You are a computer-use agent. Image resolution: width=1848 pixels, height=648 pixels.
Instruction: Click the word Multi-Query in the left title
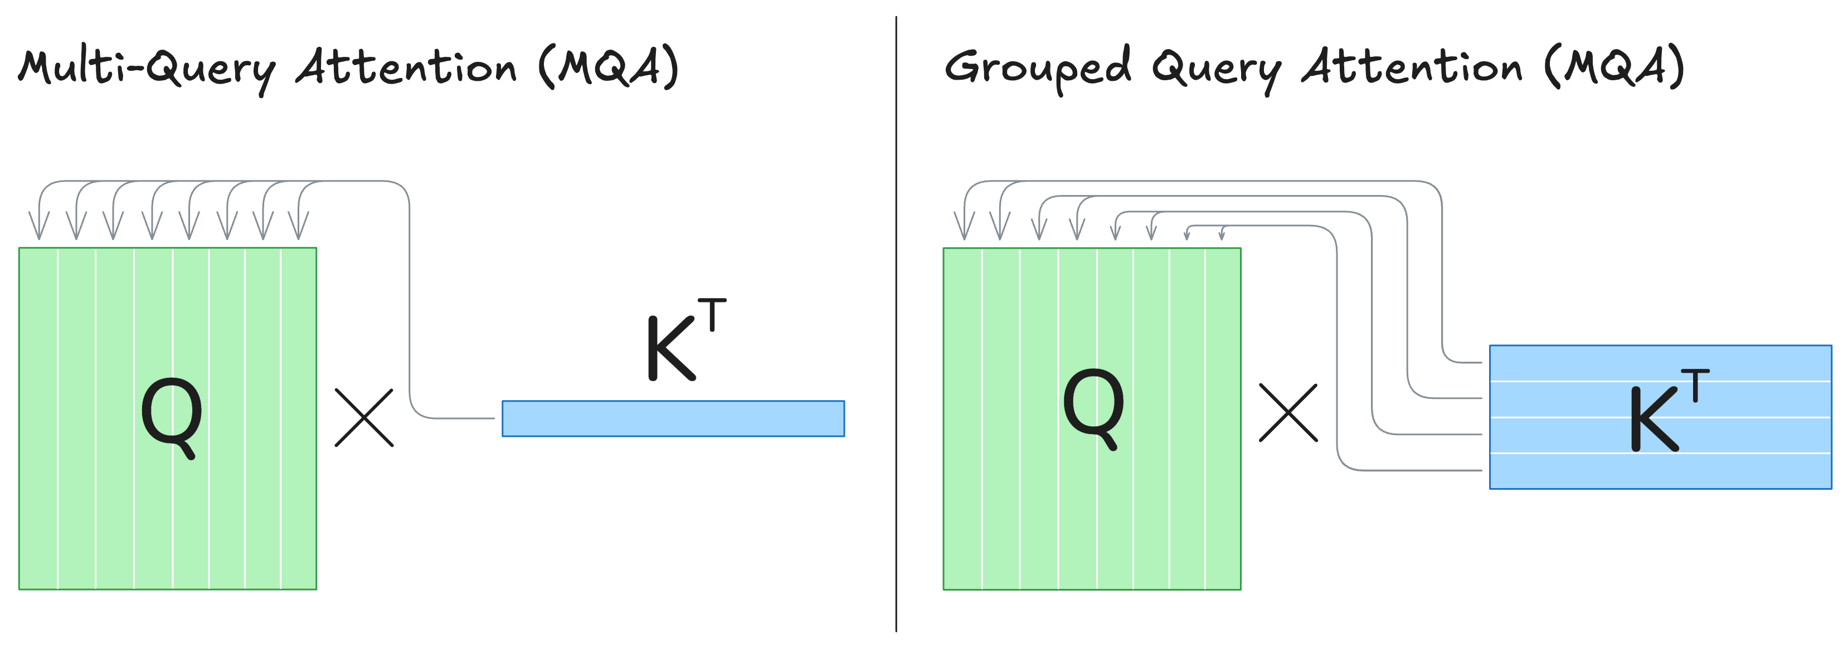(147, 68)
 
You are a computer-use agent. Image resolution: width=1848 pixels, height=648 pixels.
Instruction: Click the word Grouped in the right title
(1037, 68)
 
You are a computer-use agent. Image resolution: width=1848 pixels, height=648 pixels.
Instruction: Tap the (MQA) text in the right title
(1613, 68)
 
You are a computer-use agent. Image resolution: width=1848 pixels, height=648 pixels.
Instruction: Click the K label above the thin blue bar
(671, 348)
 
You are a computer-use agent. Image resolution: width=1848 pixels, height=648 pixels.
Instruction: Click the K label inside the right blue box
(1654, 420)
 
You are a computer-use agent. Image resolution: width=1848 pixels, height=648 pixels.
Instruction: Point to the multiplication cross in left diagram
(364, 418)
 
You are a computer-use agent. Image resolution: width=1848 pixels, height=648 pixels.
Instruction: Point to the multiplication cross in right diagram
(1288, 413)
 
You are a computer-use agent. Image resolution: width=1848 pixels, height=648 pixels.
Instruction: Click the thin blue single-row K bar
(673, 418)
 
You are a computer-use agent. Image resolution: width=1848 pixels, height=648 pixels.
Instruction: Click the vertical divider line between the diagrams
(896, 323)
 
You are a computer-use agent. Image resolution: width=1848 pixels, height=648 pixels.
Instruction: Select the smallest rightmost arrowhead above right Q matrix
(1222, 235)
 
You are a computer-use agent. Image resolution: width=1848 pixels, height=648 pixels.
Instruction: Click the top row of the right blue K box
(1660, 363)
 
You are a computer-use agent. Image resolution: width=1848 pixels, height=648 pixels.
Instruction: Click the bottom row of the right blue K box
(1660, 471)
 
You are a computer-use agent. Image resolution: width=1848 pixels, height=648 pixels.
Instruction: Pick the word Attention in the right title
(1411, 68)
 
